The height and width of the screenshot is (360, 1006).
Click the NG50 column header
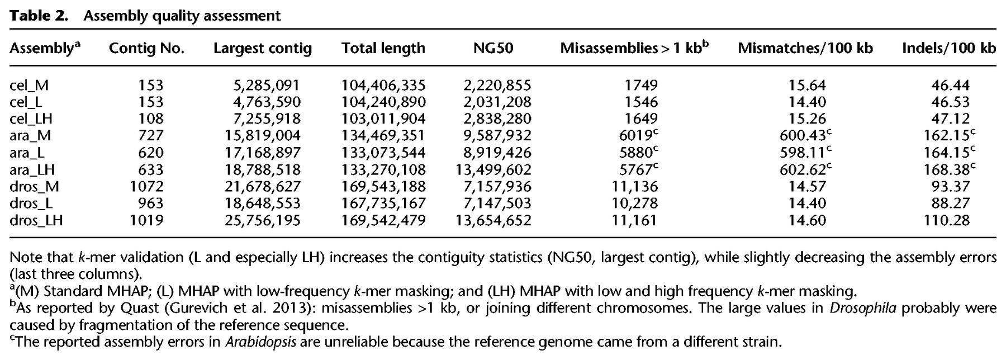[x=493, y=49]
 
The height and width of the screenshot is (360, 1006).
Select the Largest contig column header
[x=262, y=49]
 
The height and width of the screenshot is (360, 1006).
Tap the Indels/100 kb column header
[x=948, y=49]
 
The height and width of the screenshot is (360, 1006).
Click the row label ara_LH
[x=32, y=169]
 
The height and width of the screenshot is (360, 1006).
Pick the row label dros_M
[x=34, y=186]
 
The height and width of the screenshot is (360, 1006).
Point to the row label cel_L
[x=26, y=102]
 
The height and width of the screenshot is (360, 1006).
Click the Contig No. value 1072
[x=146, y=186]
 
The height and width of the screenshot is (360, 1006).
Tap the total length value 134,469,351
[x=383, y=135]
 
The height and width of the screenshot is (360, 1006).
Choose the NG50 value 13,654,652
[x=493, y=220]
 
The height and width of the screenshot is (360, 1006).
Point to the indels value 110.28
[x=946, y=220]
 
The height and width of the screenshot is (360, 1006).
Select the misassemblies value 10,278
[x=634, y=203]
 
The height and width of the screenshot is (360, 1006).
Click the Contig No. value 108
[x=151, y=119]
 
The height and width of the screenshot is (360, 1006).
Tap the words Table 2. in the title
[x=39, y=16]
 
